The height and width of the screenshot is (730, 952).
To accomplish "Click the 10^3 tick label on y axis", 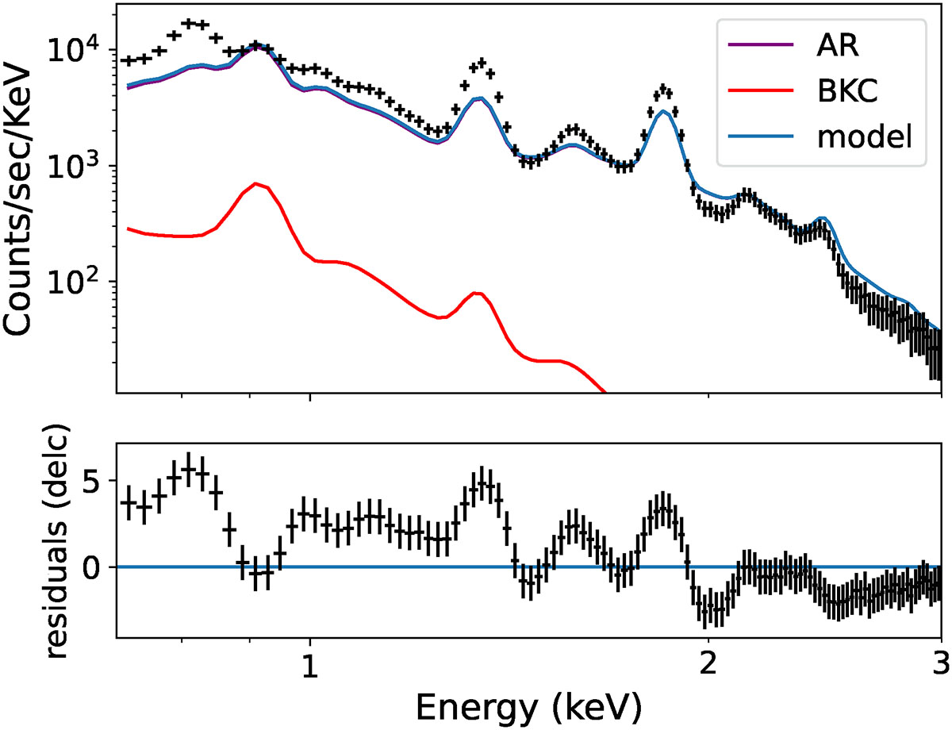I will [85, 166].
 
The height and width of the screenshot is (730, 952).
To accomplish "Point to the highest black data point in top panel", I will [189, 23].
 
